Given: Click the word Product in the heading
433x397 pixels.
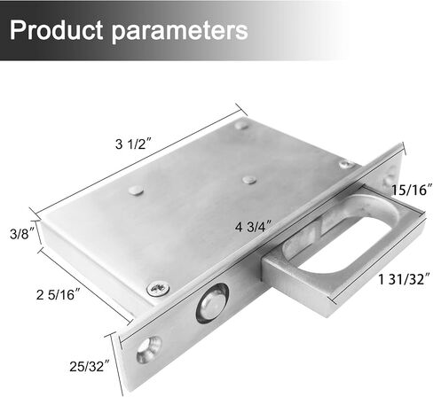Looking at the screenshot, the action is (57, 30).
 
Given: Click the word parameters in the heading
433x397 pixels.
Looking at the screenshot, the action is (179, 31).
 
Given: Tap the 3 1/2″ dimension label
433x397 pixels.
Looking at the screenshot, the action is (133, 144).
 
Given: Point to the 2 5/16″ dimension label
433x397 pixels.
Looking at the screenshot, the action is (59, 294).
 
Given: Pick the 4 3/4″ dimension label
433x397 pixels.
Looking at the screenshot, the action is (254, 227).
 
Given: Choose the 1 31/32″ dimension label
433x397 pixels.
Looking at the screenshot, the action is (405, 279).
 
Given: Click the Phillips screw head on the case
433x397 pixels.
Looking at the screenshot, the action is (159, 289).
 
